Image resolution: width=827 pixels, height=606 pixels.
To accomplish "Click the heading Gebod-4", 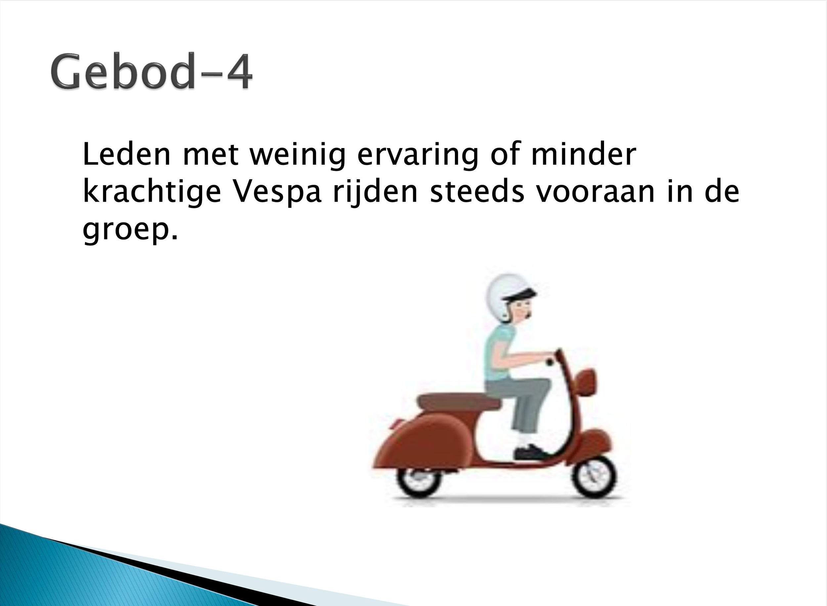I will (151, 71).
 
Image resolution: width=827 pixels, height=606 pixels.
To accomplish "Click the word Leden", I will (127, 154).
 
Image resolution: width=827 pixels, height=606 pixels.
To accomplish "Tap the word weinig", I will (297, 154).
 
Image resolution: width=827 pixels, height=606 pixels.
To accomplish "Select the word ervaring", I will (418, 154).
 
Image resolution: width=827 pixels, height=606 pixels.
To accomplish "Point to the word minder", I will (583, 154).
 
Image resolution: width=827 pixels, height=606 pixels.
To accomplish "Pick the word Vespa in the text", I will (278, 191).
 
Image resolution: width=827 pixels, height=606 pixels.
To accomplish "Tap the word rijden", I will (375, 191).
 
